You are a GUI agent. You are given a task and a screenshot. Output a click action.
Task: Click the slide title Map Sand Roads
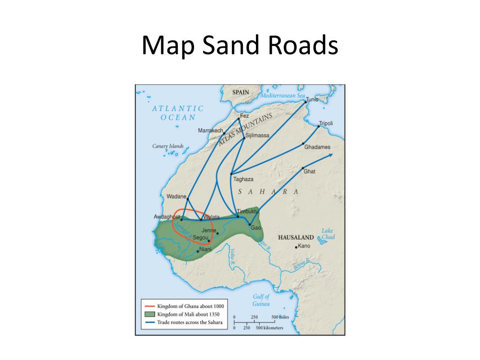click(x=240, y=46)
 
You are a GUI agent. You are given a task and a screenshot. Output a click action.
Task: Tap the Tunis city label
click(x=312, y=99)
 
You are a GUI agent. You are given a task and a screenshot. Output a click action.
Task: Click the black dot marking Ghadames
click(x=303, y=143)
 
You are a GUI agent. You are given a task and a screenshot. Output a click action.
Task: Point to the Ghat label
click(x=309, y=172)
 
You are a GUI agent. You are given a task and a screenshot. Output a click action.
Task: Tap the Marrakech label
click(x=210, y=130)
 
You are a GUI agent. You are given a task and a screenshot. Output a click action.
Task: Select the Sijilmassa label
click(x=257, y=135)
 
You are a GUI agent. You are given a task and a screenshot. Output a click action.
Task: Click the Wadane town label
click(x=176, y=196)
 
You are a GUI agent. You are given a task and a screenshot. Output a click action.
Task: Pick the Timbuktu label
click(x=248, y=211)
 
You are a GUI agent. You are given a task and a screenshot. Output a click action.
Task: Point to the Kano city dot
click(x=296, y=247)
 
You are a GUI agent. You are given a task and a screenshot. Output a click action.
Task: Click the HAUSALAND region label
click(x=295, y=238)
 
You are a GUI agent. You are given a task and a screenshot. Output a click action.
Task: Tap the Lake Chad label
click(x=328, y=233)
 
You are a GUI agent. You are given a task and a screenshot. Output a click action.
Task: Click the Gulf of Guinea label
click(x=261, y=300)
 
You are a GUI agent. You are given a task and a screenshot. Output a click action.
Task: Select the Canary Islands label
click(x=168, y=146)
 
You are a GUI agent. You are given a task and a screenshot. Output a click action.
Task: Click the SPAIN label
click(x=241, y=92)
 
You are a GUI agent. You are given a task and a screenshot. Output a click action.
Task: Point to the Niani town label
click(x=206, y=249)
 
